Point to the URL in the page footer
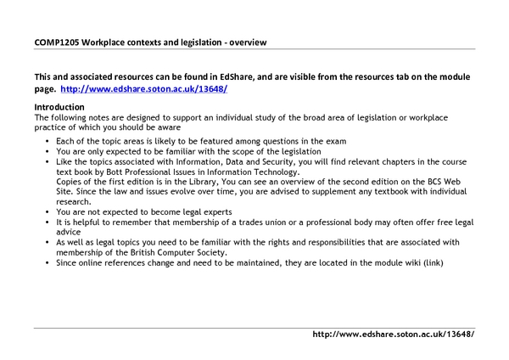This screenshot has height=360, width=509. pyautogui.click(x=393, y=335)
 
